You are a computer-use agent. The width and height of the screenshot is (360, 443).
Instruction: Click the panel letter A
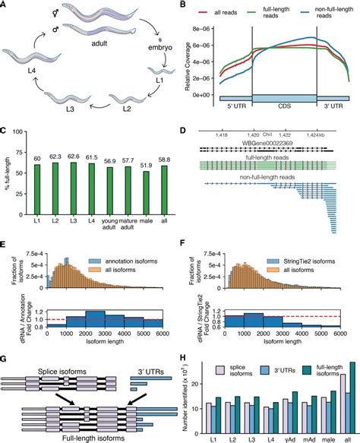[x=5, y=5]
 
